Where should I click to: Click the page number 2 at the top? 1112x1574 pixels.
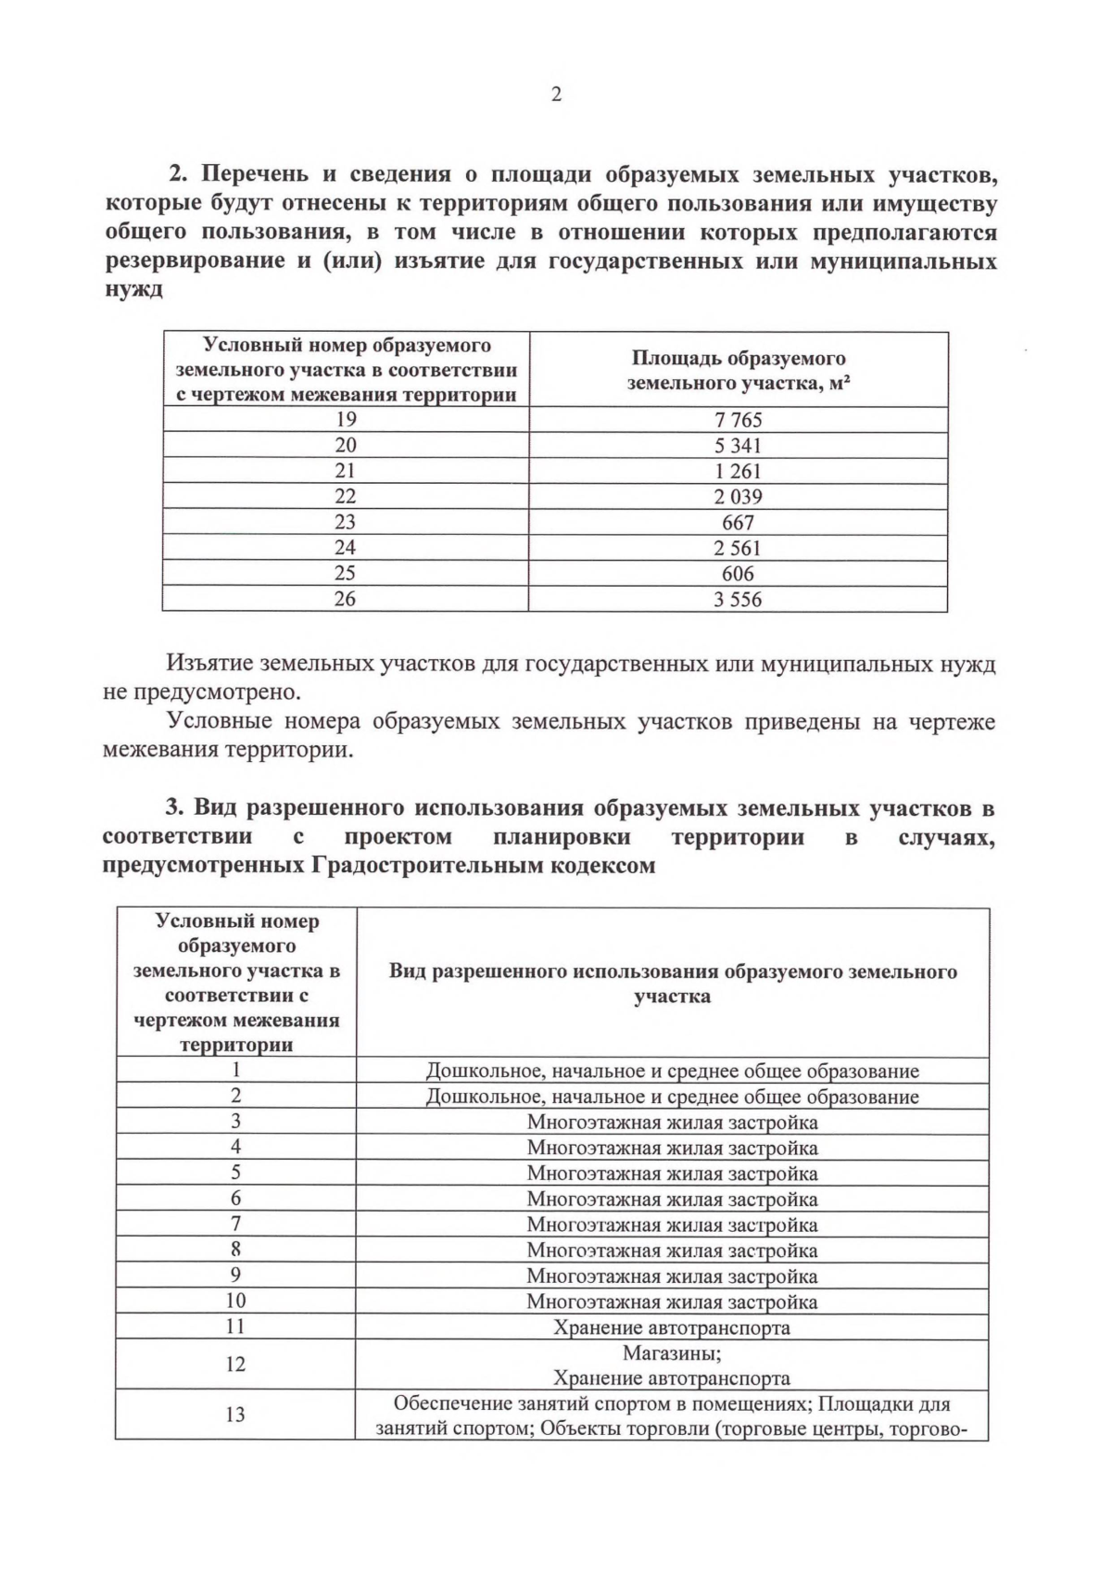click(x=556, y=95)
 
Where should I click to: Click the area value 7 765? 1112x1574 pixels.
click(x=738, y=420)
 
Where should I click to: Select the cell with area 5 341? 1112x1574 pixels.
click(x=738, y=446)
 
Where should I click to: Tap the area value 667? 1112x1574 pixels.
click(x=738, y=523)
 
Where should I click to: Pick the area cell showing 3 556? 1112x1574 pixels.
click(x=738, y=600)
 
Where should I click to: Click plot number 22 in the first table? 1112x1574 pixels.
click(x=345, y=497)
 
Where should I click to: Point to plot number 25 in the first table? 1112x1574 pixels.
click(x=345, y=574)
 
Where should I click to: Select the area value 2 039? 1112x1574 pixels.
click(x=738, y=497)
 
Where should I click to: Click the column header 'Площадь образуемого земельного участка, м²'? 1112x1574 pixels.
click(x=738, y=370)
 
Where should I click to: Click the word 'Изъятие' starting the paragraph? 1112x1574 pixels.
click(x=209, y=664)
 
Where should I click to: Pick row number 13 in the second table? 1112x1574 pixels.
click(x=235, y=1415)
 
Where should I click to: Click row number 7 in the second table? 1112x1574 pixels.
click(x=235, y=1225)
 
